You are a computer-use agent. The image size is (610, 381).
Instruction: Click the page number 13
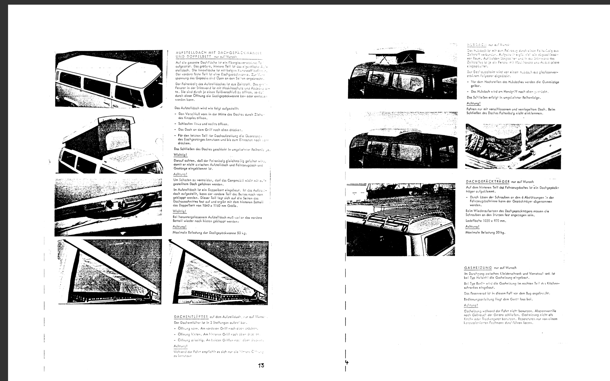click(261, 365)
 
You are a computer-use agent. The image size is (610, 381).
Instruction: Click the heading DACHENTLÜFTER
click(191, 317)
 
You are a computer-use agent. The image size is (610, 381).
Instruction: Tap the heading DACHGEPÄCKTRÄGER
click(488, 181)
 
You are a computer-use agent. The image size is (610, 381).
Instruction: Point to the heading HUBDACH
click(476, 45)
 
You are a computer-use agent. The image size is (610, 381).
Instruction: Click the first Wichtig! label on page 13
click(180, 155)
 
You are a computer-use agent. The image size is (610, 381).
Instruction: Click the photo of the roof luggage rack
click(401, 219)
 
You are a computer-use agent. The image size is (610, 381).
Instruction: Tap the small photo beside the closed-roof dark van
click(513, 146)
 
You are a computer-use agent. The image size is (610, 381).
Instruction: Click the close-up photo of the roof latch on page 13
click(108, 207)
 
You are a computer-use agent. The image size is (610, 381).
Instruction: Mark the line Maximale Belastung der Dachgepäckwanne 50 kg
click(209, 233)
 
